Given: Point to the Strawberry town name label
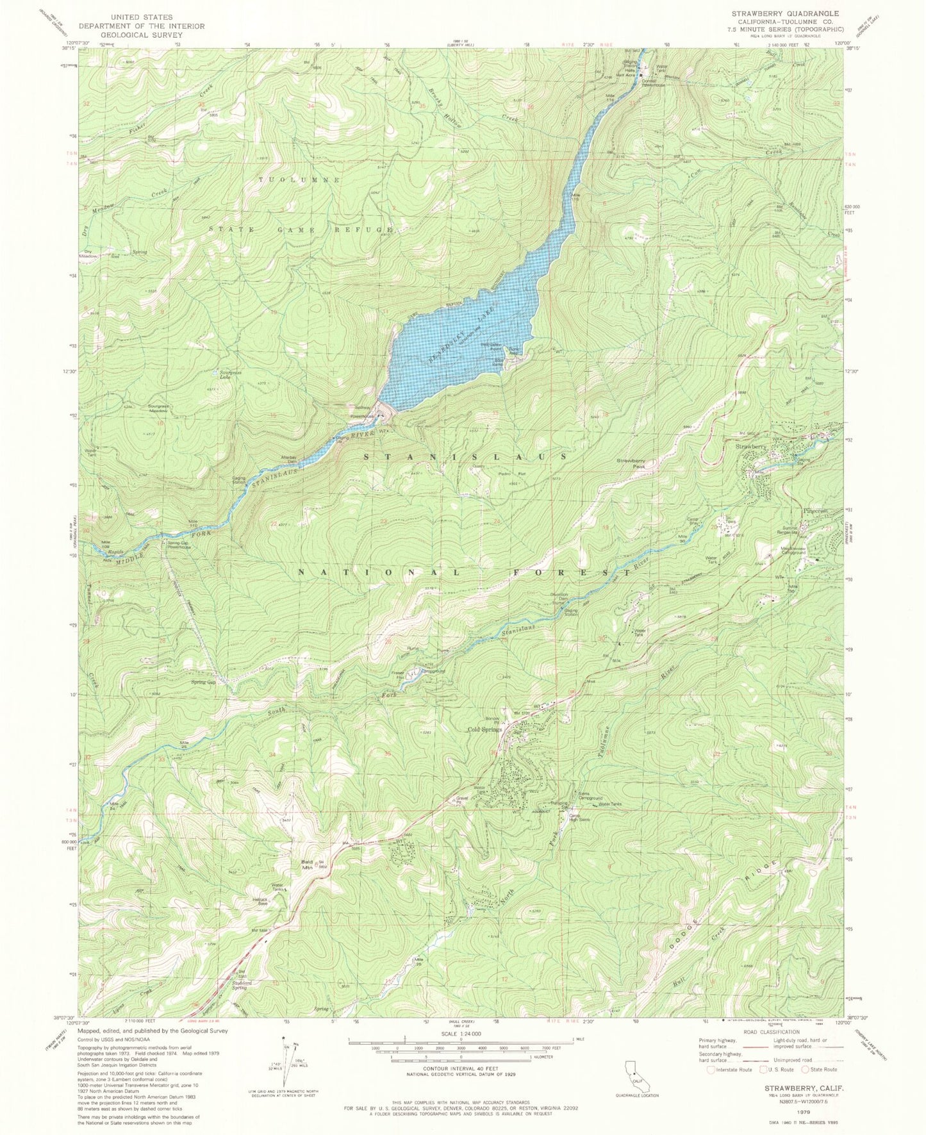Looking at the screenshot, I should point(750,446).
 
